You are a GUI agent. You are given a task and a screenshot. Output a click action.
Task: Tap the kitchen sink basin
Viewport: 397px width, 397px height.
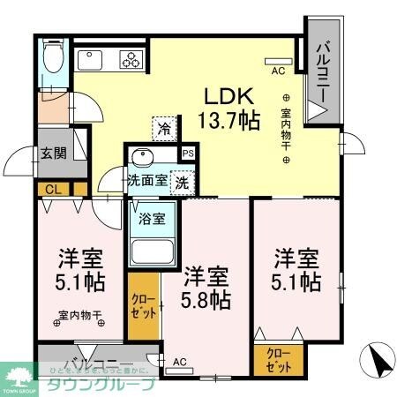(x=92, y=60)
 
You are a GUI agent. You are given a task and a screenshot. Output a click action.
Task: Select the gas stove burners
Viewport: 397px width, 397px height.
(x=131, y=60)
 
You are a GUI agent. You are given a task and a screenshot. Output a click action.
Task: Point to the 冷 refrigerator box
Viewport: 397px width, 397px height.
(x=163, y=129)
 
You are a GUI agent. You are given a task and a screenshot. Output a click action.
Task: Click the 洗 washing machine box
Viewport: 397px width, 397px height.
(x=181, y=184)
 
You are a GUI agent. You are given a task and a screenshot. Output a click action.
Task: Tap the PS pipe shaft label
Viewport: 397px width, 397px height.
(x=187, y=152)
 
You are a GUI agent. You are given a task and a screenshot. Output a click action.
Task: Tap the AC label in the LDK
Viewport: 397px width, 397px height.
(x=277, y=70)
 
